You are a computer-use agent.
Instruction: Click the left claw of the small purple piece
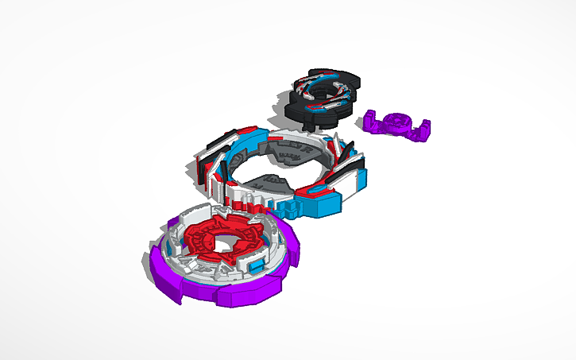coord(370,121)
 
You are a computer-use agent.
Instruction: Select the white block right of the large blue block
coord(350,188)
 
